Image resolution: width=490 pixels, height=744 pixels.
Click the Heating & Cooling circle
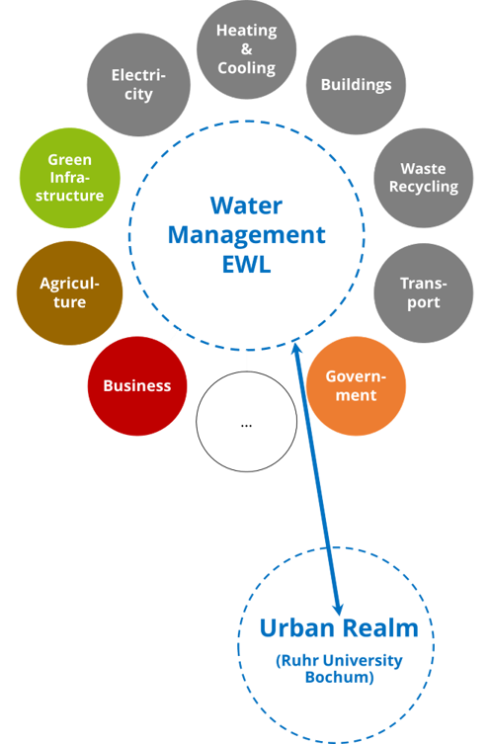click(x=247, y=49)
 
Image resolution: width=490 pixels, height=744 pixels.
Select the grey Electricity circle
click(x=138, y=85)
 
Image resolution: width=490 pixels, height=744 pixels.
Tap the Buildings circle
click(x=356, y=85)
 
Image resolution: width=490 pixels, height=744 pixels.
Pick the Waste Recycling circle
click(x=424, y=178)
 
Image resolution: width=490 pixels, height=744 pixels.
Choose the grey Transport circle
click(x=424, y=292)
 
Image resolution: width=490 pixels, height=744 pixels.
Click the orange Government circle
click(x=356, y=385)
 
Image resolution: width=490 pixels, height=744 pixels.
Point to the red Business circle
click(x=137, y=385)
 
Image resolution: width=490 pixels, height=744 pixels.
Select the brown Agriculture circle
click(x=70, y=292)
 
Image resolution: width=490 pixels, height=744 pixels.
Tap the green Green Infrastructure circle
click(x=70, y=178)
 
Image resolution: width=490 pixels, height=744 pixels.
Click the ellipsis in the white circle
click(x=246, y=426)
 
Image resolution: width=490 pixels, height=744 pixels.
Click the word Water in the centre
click(x=246, y=206)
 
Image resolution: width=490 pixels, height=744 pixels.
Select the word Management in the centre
click(x=247, y=235)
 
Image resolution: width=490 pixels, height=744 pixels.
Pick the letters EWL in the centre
click(x=247, y=264)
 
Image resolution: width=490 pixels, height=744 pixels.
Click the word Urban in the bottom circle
click(x=297, y=627)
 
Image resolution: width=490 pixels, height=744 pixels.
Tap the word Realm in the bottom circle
click(x=380, y=627)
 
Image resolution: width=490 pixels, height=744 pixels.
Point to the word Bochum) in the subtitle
click(x=339, y=677)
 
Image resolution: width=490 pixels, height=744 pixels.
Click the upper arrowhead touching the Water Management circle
click(x=297, y=349)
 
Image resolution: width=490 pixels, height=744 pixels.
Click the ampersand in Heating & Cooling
click(x=247, y=48)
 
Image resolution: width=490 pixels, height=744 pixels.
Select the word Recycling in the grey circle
click(x=424, y=187)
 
